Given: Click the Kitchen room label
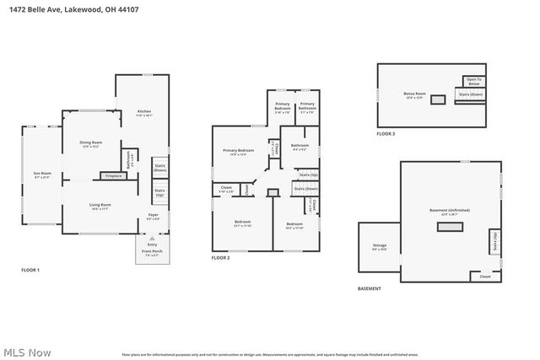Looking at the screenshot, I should [x=144, y=113].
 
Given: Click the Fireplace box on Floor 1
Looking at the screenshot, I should [x=111, y=175].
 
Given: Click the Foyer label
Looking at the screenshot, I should [x=153, y=217].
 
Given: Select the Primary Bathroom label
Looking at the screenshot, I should [x=307, y=109].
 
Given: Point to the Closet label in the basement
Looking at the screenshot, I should [x=484, y=276].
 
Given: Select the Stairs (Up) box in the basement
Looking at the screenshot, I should [x=494, y=243].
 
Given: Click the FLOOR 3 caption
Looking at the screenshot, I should [x=386, y=134].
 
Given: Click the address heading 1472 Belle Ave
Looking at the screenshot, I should [x=70, y=8].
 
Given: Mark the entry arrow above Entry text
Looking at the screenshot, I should [x=152, y=239].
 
